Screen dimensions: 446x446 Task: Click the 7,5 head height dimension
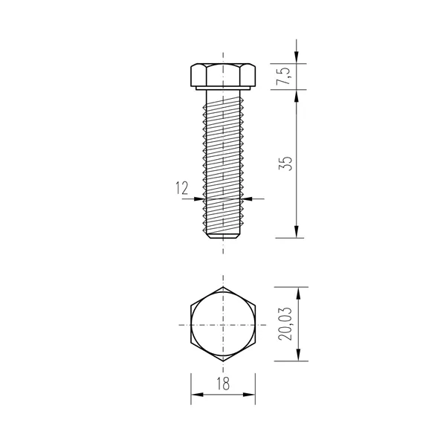(283, 77)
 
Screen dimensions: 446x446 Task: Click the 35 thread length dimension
(285, 164)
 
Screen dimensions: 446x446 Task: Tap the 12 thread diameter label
(182, 188)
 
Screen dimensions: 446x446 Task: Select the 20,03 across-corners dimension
(285, 323)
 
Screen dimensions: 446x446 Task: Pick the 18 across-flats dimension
(223, 384)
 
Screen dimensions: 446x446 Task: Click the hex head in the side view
(223, 75)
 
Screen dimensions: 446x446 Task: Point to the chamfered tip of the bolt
(223, 236)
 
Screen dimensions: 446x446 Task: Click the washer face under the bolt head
(223, 88)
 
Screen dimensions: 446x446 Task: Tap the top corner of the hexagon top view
(223, 287)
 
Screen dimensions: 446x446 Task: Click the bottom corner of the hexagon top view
(223, 361)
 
